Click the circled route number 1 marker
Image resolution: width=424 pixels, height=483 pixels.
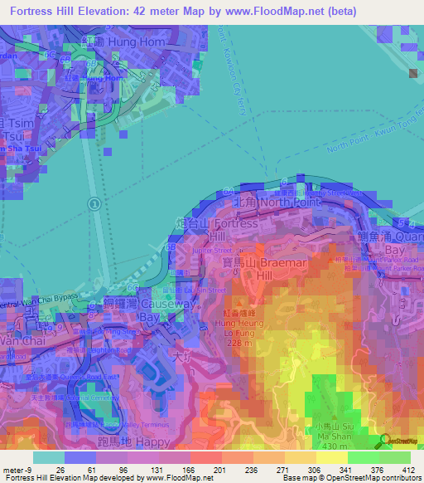pyautogui.click(x=95, y=203)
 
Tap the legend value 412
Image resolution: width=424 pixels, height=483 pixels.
pyautogui.click(x=407, y=469)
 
